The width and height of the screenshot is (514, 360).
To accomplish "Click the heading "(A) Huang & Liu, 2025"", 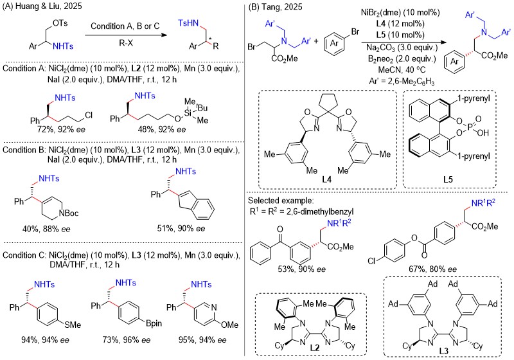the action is point(42,6).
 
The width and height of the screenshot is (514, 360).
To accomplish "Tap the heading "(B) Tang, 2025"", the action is point(275,6).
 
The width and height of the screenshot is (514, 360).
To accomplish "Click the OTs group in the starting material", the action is point(60,23).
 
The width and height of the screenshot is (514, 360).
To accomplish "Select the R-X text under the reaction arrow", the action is point(126,43).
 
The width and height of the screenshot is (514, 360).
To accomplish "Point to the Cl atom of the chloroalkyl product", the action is point(89,115).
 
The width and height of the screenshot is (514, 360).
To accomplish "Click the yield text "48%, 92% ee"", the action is point(162,129).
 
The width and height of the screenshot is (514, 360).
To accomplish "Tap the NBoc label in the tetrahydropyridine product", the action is point(69,213).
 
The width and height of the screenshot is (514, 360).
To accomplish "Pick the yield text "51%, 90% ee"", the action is point(181,228).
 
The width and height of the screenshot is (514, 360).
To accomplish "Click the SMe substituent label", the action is point(73,325).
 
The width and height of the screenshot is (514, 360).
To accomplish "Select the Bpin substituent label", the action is point(154,323).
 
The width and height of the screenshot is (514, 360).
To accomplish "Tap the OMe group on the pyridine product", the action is point(229,325).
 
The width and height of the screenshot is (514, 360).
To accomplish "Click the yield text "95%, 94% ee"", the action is point(202,340).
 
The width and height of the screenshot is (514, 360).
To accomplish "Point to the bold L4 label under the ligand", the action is point(326,179).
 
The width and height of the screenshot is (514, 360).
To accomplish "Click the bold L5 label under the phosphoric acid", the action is point(448,179).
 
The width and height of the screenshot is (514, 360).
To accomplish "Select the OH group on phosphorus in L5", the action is point(483,132).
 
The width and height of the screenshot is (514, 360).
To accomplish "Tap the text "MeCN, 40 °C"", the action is point(402,69).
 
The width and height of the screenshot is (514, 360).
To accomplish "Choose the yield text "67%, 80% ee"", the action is point(432,269).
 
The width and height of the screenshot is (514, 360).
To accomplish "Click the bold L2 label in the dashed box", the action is point(315,347).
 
